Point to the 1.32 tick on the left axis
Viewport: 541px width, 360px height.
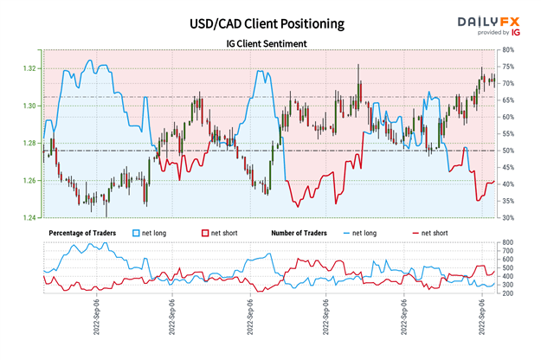pyautogui.click(x=29, y=68)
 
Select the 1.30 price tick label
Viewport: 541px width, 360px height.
pyautogui.click(x=29, y=106)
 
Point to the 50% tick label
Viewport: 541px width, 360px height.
pyautogui.click(x=511, y=151)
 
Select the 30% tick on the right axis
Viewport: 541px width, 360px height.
pyautogui.click(x=511, y=218)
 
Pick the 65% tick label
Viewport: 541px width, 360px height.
pyautogui.click(x=511, y=100)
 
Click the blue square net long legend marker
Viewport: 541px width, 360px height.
pyautogui.click(x=136, y=233)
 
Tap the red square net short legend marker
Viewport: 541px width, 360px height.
pyautogui.click(x=204, y=233)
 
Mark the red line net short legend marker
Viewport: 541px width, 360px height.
pyautogui.click(x=416, y=233)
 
